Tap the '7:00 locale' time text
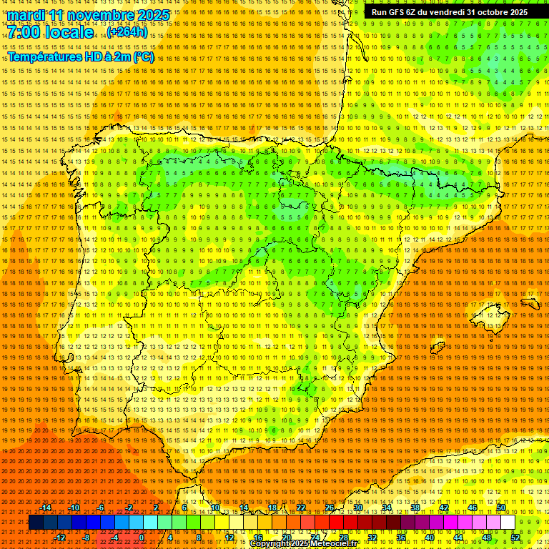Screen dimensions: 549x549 point(51,32)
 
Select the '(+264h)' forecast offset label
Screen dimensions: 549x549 point(127,32)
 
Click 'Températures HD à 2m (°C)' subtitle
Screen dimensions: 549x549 point(80,57)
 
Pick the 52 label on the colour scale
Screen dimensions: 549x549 point(515,538)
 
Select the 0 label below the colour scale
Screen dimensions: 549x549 point(142,538)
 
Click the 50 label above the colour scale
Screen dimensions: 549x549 point(501,508)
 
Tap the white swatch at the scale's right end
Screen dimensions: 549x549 point(508,523)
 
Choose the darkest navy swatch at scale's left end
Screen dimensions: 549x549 point(36,523)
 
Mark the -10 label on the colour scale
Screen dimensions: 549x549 point(73,508)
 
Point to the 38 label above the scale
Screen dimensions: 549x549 point(415,508)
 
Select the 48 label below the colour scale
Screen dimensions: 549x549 point(487,538)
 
